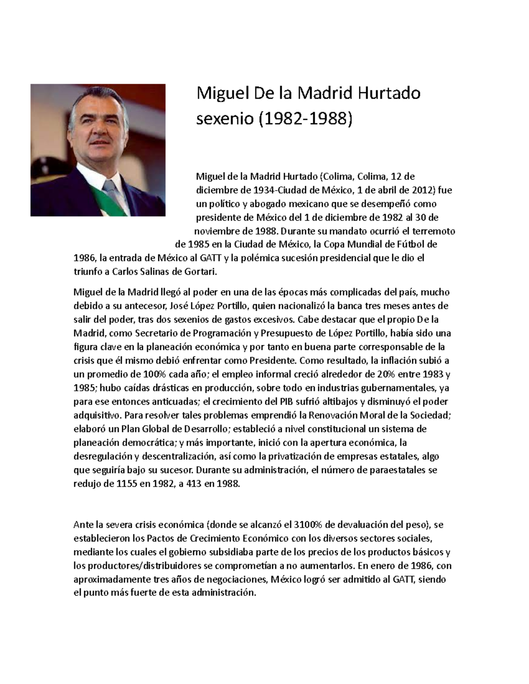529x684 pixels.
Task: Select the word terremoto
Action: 434,231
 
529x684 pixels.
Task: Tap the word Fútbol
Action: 412,244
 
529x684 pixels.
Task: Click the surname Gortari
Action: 201,272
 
